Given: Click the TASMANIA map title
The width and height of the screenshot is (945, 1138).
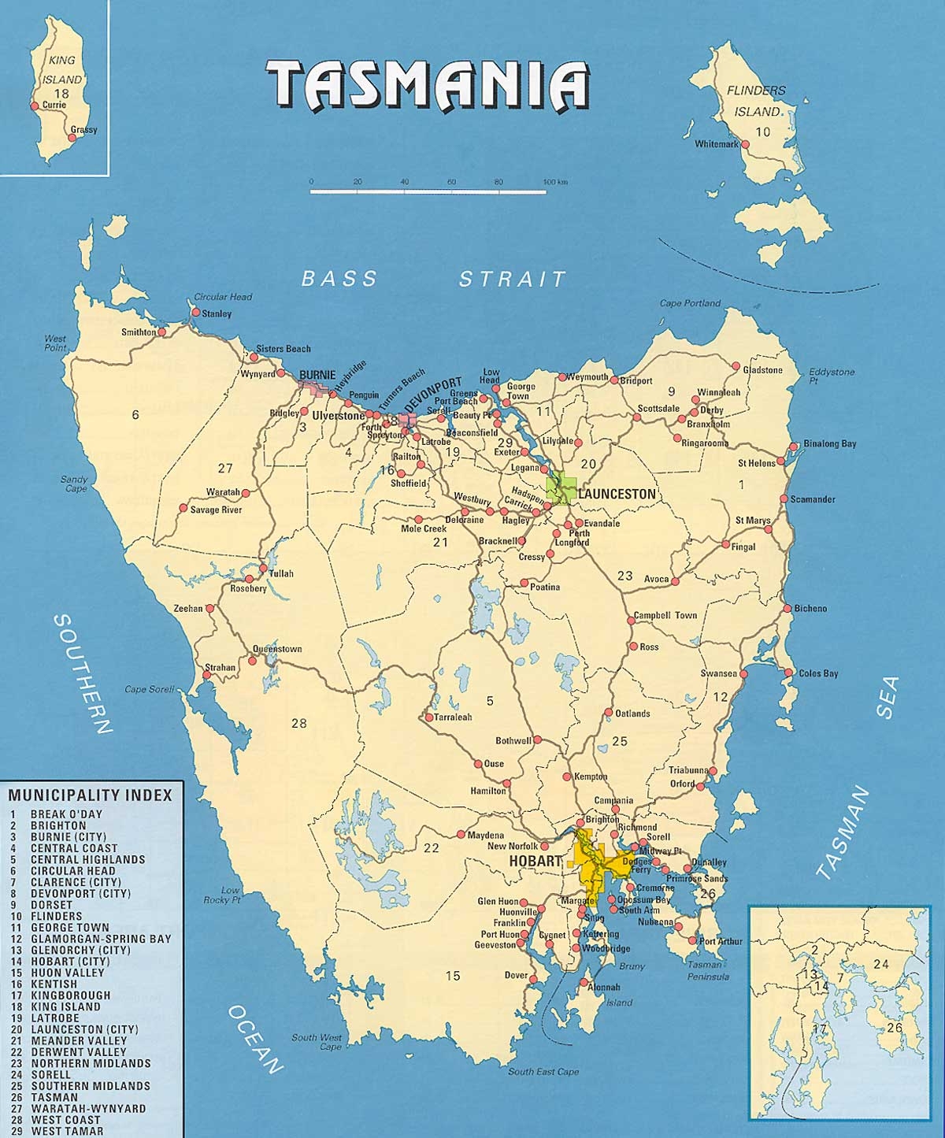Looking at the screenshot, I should tap(428, 85).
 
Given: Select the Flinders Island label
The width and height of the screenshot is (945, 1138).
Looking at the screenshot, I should tap(755, 101).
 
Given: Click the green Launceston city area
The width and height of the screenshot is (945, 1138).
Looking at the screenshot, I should tap(562, 488).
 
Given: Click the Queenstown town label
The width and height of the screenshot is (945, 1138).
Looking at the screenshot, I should tap(276, 650).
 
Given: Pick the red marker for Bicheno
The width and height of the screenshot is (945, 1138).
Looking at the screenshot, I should tap(786, 608).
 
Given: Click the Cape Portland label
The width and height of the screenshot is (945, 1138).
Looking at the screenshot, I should tap(690, 303).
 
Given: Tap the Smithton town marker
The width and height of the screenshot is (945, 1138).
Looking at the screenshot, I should tap(162, 332).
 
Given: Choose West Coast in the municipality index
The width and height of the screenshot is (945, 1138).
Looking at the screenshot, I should tap(65, 1119).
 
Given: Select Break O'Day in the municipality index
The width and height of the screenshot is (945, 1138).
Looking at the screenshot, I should tap(66, 814).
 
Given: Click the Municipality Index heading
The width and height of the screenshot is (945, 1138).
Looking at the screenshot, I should tap(90, 795).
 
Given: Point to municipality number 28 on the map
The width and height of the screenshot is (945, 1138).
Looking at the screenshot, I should tap(298, 723).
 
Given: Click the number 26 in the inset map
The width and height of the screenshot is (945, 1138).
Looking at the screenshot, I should tap(895, 1027).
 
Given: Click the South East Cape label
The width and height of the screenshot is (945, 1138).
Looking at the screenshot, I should tap(543, 1071).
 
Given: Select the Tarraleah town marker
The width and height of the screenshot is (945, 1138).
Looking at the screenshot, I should tap(428, 717).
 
